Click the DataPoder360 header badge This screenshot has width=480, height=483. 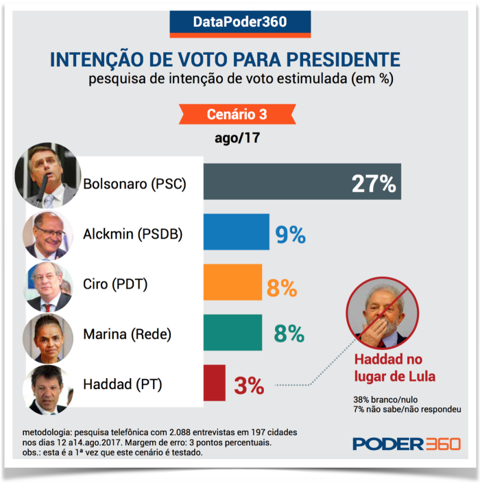tap(240, 22)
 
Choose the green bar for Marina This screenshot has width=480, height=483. tap(233, 333)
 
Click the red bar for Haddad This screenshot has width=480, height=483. tap(215, 384)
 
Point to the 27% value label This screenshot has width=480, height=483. tap(374, 184)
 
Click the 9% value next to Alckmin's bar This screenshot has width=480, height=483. tap(290, 235)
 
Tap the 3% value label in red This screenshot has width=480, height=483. tap(249, 386)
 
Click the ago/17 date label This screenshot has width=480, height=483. tap(237, 137)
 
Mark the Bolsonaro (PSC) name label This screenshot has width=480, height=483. tap(134, 184)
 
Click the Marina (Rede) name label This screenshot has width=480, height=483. tap(127, 334)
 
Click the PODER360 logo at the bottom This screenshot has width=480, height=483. tap(406, 443)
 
